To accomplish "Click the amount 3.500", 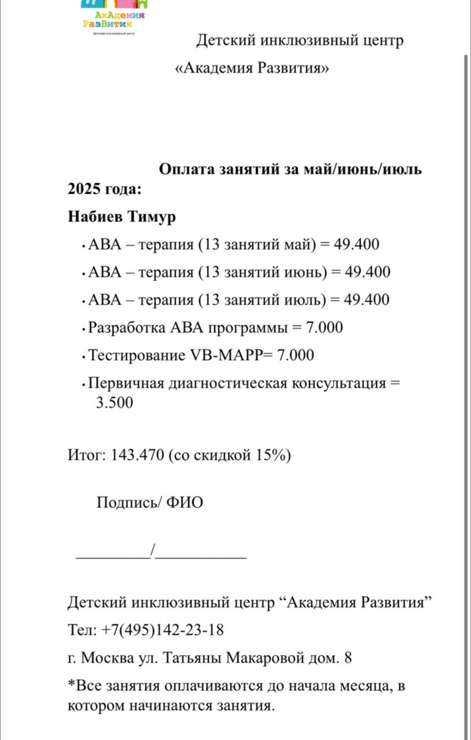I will click(114, 402).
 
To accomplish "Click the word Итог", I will click(84, 456).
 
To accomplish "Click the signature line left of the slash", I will click(113, 556).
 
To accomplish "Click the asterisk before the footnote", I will click(72, 685).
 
